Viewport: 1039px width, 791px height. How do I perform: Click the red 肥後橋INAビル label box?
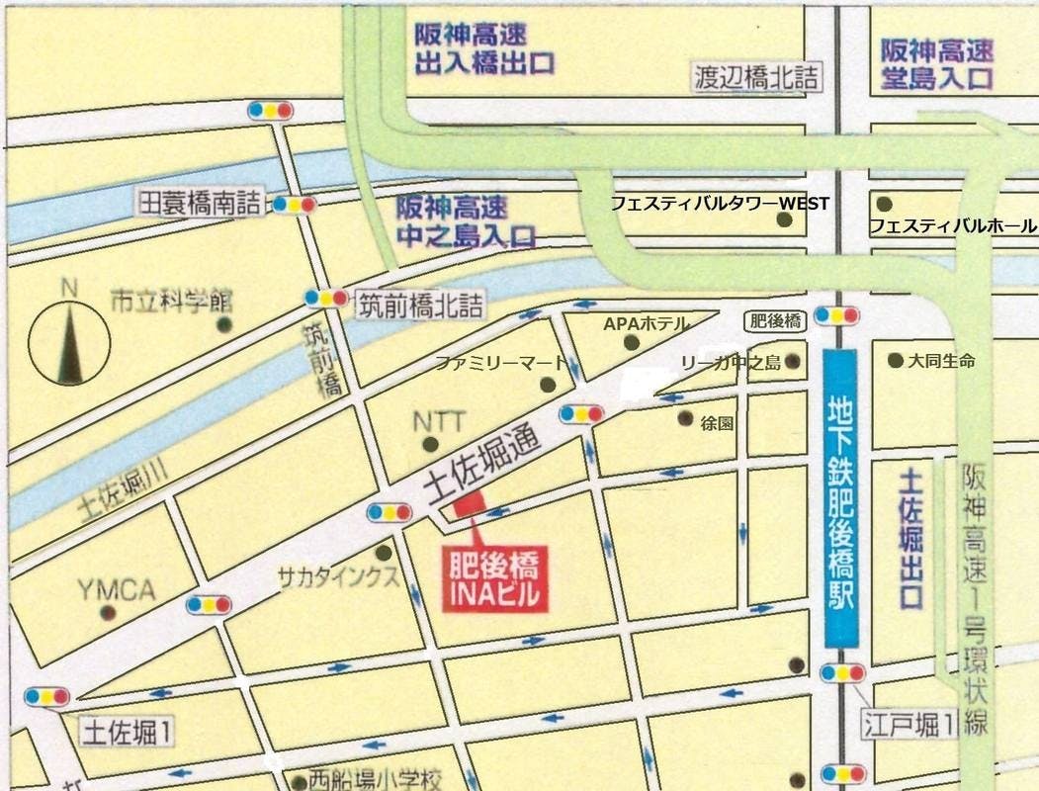494,578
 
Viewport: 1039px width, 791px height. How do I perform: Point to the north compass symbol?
69,342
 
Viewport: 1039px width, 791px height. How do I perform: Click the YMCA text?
117,591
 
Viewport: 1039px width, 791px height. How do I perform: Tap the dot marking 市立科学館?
224,323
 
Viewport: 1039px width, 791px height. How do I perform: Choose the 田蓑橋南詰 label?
202,204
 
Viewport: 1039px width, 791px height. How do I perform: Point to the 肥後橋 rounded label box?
775,319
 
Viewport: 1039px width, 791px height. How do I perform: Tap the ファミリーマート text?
501,363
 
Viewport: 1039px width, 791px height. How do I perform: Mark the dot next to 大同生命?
896,361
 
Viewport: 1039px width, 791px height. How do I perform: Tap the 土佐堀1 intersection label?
129,733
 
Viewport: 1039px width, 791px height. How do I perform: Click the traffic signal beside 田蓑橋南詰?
294,205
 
